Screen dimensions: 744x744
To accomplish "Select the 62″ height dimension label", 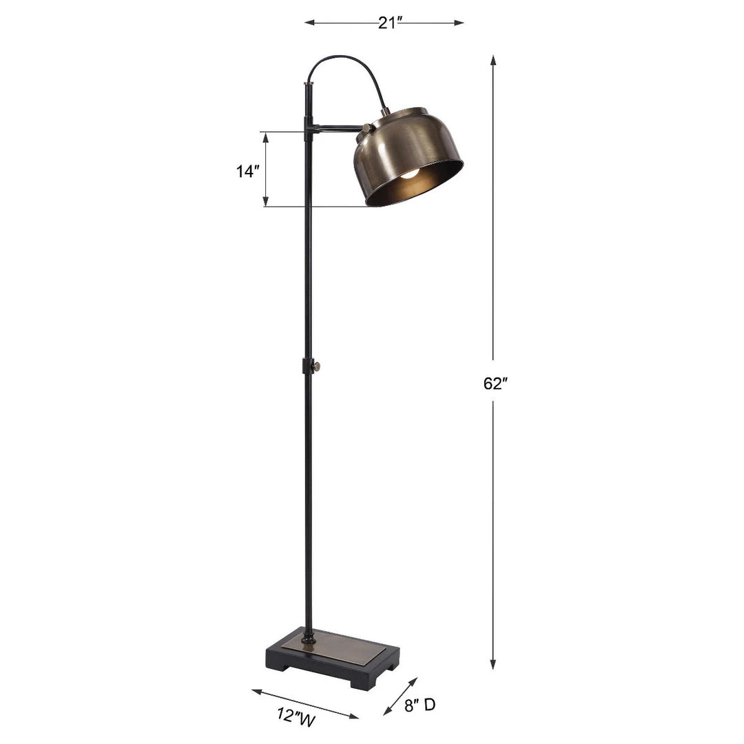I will [495, 384].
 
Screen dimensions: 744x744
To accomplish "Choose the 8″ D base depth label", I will [420, 705].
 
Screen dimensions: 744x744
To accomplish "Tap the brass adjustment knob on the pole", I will [318, 366].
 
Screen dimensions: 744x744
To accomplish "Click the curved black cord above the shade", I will [348, 69].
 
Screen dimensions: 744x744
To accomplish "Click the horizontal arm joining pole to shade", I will [335, 127].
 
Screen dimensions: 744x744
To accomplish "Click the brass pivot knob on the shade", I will [366, 127].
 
